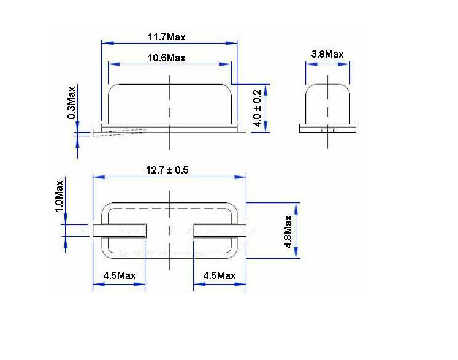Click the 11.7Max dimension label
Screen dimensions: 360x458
click(166, 37)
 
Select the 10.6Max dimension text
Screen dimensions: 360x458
click(166, 58)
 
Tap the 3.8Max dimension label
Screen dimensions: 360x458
click(327, 54)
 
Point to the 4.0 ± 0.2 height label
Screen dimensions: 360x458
click(258, 109)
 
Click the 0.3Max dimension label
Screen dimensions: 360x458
click(72, 102)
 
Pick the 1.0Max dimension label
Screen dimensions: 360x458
click(59, 196)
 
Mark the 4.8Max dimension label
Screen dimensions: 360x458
click(288, 231)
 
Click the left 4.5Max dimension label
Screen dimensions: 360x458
click(120, 275)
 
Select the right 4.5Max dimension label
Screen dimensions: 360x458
click(219, 275)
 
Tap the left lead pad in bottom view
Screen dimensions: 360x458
click(120, 231)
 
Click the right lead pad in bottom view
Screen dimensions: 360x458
click(219, 231)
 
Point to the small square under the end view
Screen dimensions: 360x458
click(327, 129)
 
